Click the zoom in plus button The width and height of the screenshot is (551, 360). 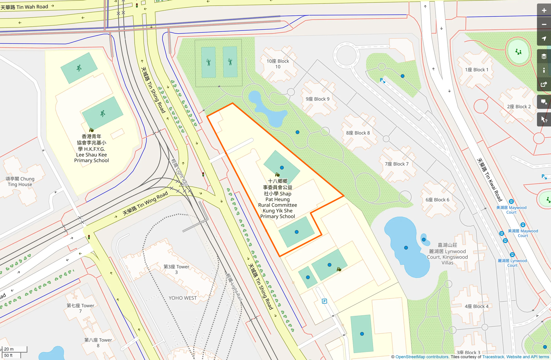(544, 11)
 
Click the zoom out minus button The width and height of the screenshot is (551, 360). (544, 25)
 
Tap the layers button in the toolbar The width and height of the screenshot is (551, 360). (544, 56)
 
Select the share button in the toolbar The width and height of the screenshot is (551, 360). (544, 84)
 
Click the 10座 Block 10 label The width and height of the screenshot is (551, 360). (278, 64)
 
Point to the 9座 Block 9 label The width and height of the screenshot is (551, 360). (317, 99)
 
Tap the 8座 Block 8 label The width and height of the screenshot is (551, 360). (358, 133)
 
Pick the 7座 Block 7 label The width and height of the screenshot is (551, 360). (396, 164)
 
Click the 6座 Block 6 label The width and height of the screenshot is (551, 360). (437, 200)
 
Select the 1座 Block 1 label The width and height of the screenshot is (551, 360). (477, 70)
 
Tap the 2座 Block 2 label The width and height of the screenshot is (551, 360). (519, 107)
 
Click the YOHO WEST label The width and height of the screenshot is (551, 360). (182, 298)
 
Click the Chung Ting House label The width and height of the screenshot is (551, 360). (20, 181)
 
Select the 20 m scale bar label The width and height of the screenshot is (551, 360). (9, 349)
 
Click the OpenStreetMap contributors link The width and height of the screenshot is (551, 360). (422, 357)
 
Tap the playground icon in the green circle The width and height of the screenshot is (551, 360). (519, 52)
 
